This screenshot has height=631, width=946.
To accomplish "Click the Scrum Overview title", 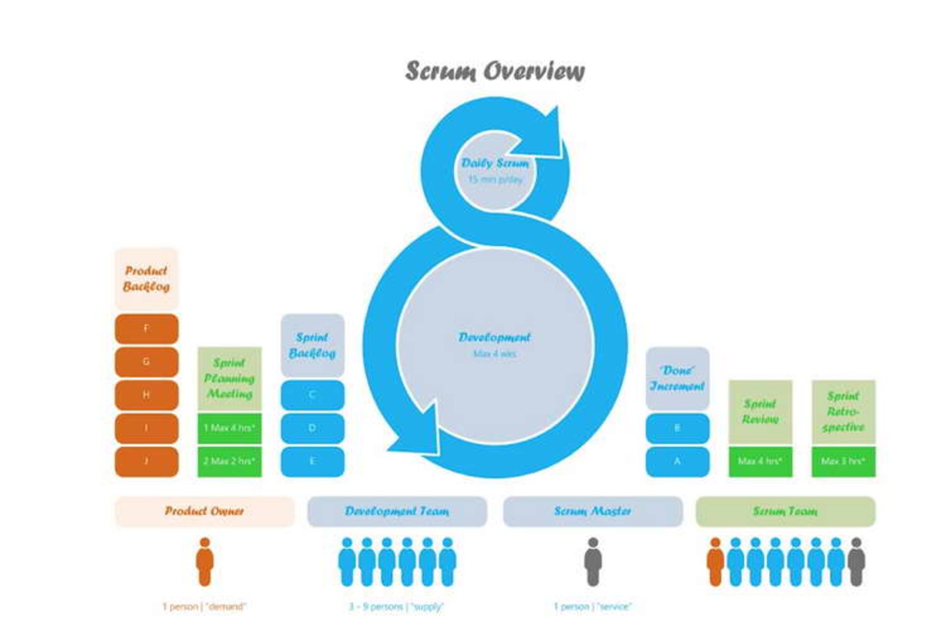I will point(495,71).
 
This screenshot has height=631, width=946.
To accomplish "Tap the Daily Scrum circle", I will point(495,170).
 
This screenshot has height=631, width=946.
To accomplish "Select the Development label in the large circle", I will point(494,338).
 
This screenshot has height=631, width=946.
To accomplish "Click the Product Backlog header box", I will point(146,279).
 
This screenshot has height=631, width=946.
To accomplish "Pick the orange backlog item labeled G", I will point(146,362).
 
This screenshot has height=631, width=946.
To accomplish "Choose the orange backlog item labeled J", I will point(146,461).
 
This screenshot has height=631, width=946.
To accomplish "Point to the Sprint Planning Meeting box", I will point(230,379).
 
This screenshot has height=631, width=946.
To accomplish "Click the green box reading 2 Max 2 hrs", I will point(230,461).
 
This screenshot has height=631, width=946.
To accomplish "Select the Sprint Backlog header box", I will point(312,346).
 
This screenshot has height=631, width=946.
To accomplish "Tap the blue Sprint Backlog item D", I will point(312,428).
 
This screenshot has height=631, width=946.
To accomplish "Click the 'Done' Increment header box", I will point(677,379).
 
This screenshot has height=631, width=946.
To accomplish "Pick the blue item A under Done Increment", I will point(677,461).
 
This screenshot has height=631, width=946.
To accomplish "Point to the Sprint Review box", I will point(760,412).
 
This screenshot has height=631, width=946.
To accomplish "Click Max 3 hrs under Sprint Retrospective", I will point(844,461).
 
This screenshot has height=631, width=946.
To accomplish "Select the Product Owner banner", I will point(204,511).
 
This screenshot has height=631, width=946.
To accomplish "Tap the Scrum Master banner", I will point(593,511).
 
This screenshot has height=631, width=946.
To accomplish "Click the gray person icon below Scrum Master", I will point(593,562).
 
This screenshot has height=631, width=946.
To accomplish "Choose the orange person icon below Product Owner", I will point(204,562).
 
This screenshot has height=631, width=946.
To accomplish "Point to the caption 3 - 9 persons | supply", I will point(397,606).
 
